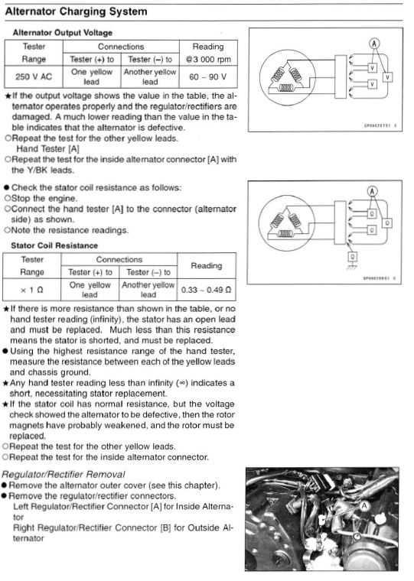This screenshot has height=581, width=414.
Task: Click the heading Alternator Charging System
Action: coord(76,11)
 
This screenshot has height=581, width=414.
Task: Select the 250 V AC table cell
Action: coord(34,76)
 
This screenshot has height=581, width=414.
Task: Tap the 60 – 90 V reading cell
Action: coord(208,76)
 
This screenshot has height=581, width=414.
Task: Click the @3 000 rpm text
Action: coord(208,60)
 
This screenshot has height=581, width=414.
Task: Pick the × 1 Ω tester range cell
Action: coord(32,290)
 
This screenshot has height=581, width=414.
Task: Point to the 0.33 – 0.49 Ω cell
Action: coord(207,290)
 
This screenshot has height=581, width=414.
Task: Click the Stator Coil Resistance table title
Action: coord(54,245)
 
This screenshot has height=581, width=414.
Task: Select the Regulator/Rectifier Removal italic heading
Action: coord(64,474)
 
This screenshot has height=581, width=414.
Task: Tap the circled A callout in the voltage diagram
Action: coord(374,44)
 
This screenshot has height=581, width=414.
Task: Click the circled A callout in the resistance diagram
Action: coord(373,191)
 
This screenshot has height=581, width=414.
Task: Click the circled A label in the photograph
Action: coord(364,505)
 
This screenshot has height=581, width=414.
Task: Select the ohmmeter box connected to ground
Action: coord(353,256)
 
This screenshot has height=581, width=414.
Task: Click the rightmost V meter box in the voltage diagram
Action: coord(387,77)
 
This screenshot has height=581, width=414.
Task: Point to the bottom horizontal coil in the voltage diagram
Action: coord(286,88)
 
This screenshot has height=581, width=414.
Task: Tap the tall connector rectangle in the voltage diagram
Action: coord(341,76)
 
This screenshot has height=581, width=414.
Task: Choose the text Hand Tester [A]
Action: coord(48,149)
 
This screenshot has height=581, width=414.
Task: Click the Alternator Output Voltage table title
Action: coord(63,33)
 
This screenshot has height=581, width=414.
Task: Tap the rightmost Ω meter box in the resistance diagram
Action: coord(387,223)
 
